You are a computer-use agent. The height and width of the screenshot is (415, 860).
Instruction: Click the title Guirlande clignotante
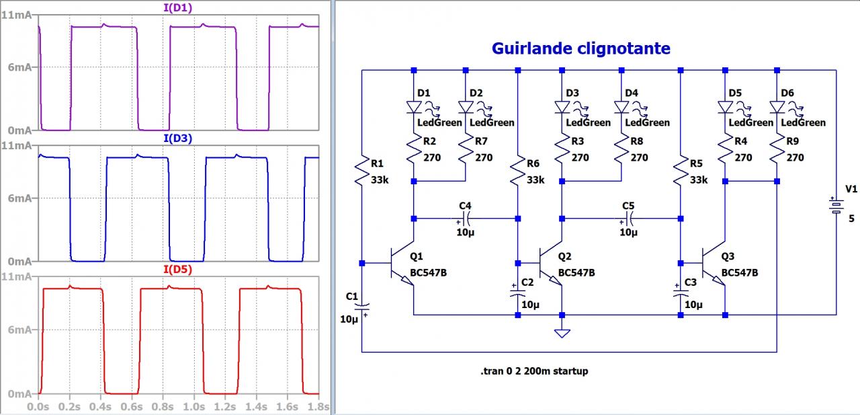tap(580, 48)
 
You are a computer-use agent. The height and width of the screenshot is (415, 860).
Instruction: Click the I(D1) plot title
tap(179, 8)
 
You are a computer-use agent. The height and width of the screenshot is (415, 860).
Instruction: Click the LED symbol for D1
tap(414, 106)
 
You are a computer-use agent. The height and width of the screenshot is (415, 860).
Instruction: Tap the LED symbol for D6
tap(777, 106)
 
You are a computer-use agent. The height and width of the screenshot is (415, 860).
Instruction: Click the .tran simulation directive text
tap(534, 371)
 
